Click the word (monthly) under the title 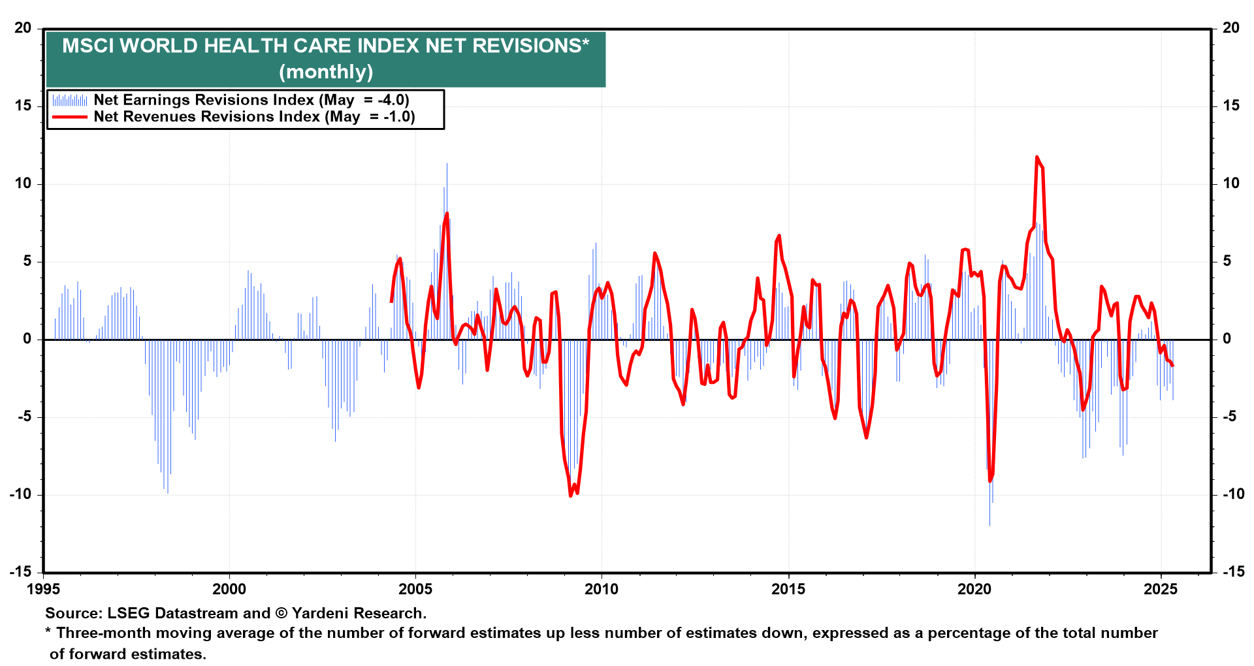pos(326,71)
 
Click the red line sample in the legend pos(69,117)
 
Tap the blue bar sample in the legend pos(69,100)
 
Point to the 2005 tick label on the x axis pos(416,589)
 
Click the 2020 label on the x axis pos(974,589)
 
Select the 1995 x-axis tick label pos(44,589)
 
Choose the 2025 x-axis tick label pos(1161,589)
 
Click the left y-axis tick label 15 pos(23,106)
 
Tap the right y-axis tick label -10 pos(1234,494)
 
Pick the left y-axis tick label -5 pos(24,417)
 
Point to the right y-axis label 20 pos(1231,28)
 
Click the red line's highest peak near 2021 pos(1037,157)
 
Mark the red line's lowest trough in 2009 pos(570,496)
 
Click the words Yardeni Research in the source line pos(359,613)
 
